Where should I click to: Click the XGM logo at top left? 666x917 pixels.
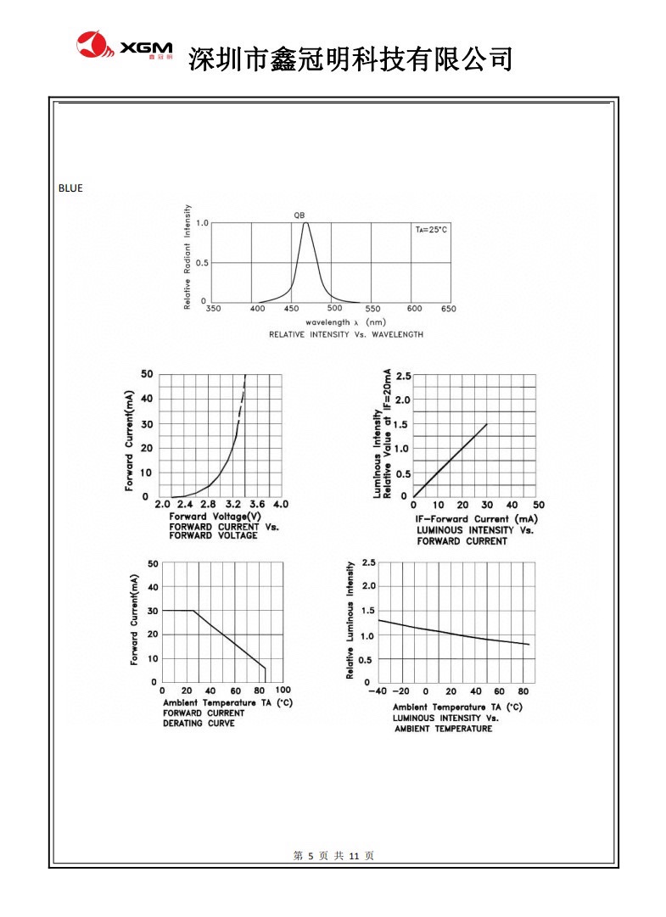click(124, 48)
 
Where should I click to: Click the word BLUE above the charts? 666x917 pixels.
click(70, 188)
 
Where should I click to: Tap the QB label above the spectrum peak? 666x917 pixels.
click(299, 215)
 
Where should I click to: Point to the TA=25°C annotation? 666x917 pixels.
click(431, 230)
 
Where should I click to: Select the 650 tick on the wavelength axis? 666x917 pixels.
click(449, 309)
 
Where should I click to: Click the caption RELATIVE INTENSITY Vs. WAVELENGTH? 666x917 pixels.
click(345, 334)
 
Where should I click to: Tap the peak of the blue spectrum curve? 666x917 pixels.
click(305, 223)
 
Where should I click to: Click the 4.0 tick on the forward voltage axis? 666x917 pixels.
click(280, 504)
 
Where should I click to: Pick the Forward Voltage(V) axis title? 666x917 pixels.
click(215, 516)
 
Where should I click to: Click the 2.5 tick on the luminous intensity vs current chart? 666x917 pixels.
click(403, 376)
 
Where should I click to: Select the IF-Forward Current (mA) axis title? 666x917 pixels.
click(475, 518)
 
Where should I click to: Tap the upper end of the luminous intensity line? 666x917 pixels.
click(487, 424)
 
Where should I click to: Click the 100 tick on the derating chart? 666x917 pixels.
click(283, 691)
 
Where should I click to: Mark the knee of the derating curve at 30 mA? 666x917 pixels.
click(195, 611)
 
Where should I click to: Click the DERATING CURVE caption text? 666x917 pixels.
click(199, 724)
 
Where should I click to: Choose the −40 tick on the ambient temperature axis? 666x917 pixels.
click(377, 691)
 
